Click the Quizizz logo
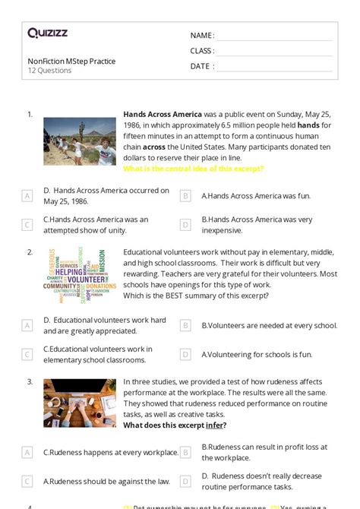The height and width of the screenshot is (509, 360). (x=48, y=33)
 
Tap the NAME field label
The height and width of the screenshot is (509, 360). (x=201, y=36)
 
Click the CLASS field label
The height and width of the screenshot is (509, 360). (x=202, y=51)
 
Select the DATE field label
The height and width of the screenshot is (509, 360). (x=201, y=66)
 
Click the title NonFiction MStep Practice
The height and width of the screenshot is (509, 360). (x=71, y=61)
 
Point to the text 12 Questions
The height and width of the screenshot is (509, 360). (x=49, y=71)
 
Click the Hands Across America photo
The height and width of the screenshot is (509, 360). (x=80, y=141)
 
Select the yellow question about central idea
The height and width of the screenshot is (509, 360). (x=193, y=169)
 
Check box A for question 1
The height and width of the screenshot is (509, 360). (x=27, y=196)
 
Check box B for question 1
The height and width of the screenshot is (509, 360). (x=185, y=196)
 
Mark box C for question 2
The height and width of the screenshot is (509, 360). (x=27, y=355)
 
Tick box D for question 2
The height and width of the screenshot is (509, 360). (x=185, y=355)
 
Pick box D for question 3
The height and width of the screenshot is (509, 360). (x=185, y=481)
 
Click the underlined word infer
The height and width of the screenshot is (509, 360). (x=212, y=425)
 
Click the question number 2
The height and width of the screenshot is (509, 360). (x=30, y=251)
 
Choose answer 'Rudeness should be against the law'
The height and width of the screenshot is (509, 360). (x=106, y=481)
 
